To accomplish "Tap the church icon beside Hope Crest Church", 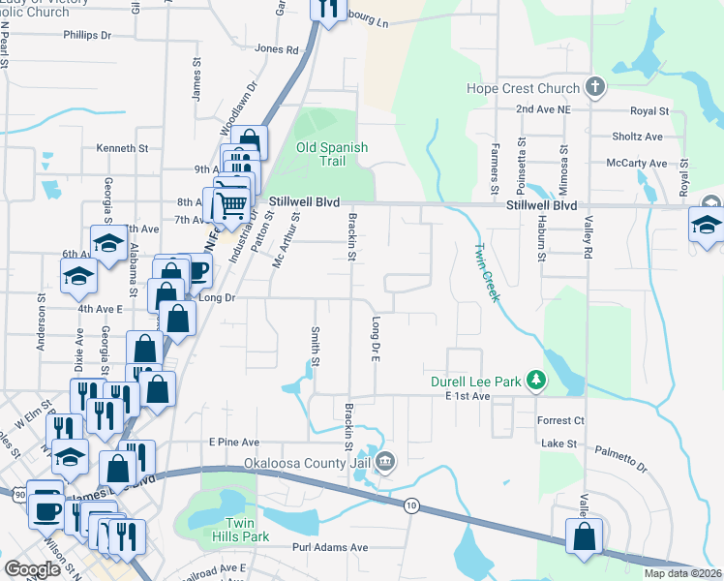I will (x=595, y=89).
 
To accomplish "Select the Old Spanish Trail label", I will (x=332, y=154).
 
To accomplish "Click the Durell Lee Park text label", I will (x=476, y=381).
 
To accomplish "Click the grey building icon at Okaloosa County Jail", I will (x=385, y=461).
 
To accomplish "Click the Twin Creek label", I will (x=486, y=272).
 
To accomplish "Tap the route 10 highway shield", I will (x=411, y=505).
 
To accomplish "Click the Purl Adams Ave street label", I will (x=331, y=547).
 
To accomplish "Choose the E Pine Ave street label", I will (x=235, y=442).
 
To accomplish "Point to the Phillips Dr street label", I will (x=87, y=35).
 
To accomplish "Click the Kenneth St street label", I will (x=122, y=149).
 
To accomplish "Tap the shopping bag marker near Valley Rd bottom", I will (x=585, y=538).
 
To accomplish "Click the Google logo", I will (x=32, y=569).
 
